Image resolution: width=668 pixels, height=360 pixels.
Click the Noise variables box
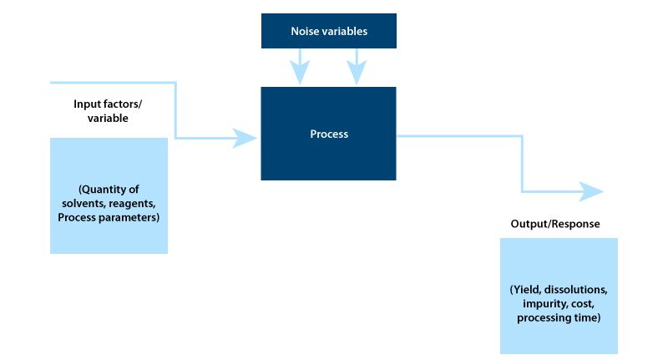[x=328, y=31]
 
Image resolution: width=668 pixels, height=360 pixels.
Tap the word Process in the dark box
[x=329, y=134]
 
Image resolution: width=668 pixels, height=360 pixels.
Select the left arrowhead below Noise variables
[x=300, y=72]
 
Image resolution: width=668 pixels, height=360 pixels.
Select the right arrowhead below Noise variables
[x=357, y=72]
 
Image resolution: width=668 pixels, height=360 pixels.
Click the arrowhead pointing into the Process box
[x=245, y=138]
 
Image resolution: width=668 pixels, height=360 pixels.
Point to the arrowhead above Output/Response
[x=591, y=191]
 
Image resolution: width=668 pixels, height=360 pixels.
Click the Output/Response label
[x=555, y=224]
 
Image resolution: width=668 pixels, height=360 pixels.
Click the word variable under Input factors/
[x=108, y=118]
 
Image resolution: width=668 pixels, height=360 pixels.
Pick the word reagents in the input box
[x=132, y=204]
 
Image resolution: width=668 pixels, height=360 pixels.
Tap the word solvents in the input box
[x=83, y=204]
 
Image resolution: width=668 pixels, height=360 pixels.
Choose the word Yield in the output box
[x=525, y=290]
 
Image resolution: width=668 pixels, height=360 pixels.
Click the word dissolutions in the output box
[x=575, y=290]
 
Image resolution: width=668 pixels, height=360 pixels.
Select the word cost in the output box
[x=582, y=304]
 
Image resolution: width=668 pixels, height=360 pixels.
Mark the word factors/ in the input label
[x=122, y=104]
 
